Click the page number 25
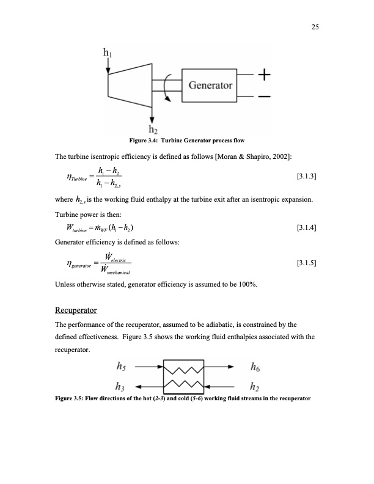tap(316, 26)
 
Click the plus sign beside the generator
tap(264, 75)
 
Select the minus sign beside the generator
tap(264, 97)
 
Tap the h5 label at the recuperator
tap(122, 368)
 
